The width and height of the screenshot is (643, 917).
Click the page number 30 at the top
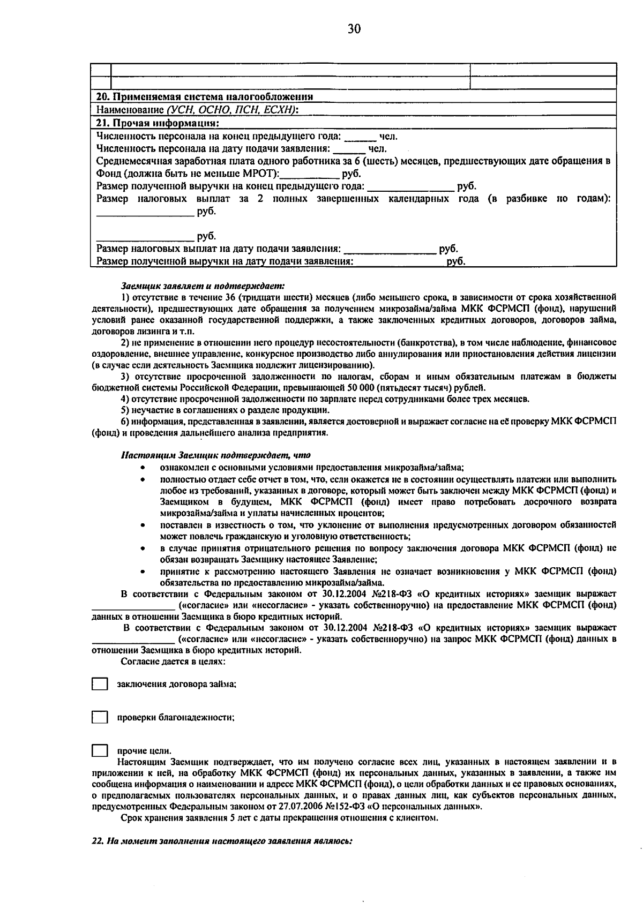coord(354,29)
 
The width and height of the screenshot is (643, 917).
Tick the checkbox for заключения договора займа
coord(99,685)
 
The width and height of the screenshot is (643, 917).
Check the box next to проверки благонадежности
coord(99,717)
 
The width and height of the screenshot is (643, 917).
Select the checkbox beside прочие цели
coord(99,751)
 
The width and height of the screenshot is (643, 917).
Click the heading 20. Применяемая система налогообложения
coord(204,97)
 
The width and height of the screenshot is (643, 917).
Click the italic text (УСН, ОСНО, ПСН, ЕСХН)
coord(231,110)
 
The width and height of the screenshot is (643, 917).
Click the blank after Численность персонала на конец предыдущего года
coord(360,137)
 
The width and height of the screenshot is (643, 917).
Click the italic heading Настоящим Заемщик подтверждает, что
coord(215,456)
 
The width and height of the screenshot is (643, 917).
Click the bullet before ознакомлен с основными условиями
coord(142,468)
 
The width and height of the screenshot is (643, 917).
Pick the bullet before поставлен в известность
coord(142,525)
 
